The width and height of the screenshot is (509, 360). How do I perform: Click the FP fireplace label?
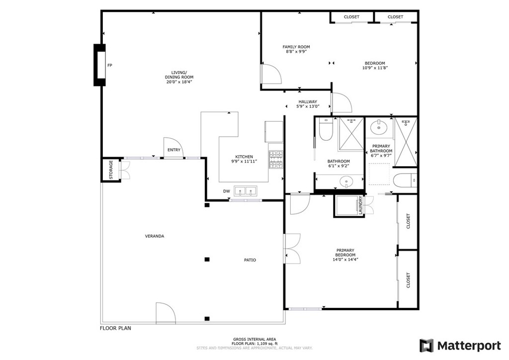pyautogui.click(x=110, y=65)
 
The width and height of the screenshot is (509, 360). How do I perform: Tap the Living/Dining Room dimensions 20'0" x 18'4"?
pyautogui.click(x=179, y=82)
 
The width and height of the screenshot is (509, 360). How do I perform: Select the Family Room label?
pyautogui.click(x=296, y=47)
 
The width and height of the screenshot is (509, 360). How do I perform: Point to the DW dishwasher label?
pyautogui.click(x=226, y=191)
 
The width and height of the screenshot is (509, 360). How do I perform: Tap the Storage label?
pyautogui.click(x=111, y=170)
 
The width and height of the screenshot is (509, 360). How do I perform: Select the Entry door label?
pyautogui.click(x=174, y=150)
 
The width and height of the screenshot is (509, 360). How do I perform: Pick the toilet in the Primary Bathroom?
pyautogui.click(x=404, y=180)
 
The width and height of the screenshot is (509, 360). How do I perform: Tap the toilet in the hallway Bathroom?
pyautogui.click(x=326, y=132)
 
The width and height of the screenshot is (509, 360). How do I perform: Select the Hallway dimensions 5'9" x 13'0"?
pyautogui.click(x=308, y=106)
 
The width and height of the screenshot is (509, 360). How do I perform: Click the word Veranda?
pyautogui.click(x=155, y=236)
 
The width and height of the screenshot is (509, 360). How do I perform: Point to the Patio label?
pyautogui.click(x=250, y=260)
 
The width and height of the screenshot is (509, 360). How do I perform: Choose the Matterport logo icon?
pyautogui.click(x=426, y=346)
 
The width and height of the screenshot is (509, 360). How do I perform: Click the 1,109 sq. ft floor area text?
pyautogui.click(x=254, y=344)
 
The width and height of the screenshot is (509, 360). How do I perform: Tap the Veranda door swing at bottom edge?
pyautogui.click(x=166, y=313)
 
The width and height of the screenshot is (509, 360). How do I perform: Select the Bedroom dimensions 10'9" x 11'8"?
pyautogui.click(x=375, y=68)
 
